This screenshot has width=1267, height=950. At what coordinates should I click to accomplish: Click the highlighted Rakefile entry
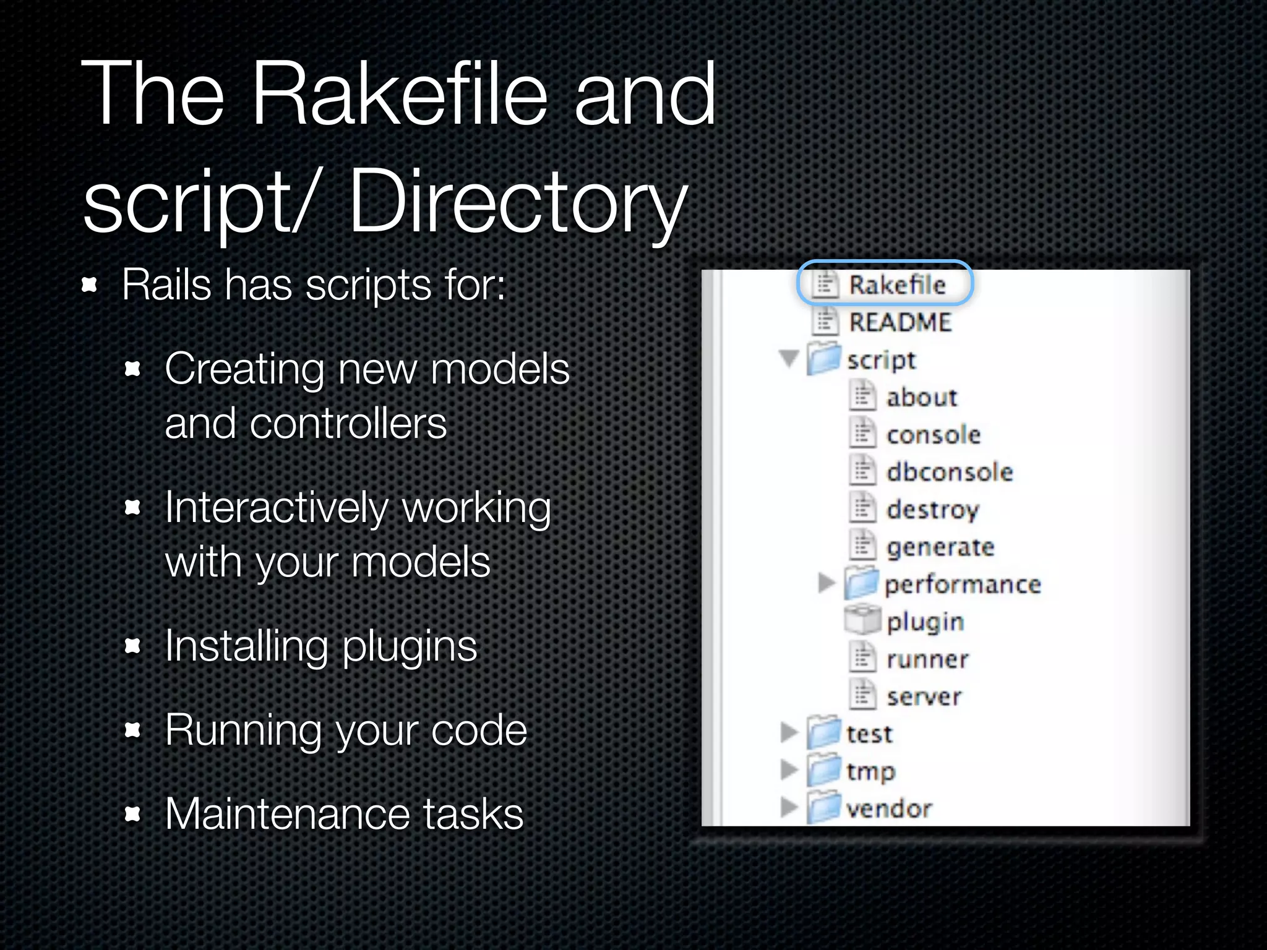896,285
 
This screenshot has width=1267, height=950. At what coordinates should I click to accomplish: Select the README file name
900,322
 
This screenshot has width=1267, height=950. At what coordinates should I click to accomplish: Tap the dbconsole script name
950,473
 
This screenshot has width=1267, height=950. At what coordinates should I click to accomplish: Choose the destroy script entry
933,510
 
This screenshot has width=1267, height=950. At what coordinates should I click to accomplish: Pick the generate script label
940,547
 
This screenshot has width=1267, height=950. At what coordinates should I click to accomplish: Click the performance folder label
963,584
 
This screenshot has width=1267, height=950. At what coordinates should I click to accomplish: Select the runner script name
927,660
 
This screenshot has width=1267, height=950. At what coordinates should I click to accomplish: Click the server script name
924,697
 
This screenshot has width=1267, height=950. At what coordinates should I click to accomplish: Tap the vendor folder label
889,809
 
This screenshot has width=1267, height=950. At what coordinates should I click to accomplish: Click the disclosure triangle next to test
789,732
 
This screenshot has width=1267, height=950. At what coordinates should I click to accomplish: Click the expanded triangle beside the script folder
789,358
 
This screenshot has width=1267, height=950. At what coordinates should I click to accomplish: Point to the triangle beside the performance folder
826,582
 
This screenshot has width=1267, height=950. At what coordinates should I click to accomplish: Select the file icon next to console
862,433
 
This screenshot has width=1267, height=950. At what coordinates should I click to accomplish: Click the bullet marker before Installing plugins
132,647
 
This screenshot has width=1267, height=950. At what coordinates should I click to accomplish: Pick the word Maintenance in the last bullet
288,814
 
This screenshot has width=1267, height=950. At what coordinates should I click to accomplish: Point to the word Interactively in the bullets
276,508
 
